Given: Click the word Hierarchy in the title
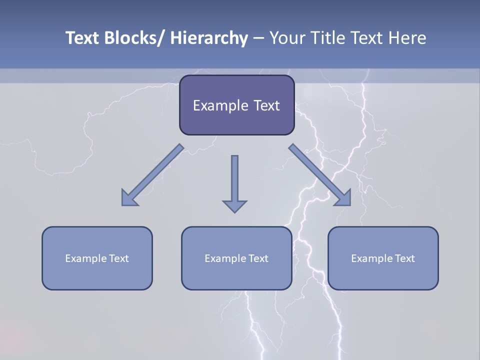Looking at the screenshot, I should tap(208, 38).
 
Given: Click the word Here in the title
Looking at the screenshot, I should tap(405, 38).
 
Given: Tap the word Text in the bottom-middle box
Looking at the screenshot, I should tap(259, 258).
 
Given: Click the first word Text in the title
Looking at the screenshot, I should tap(83, 38).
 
